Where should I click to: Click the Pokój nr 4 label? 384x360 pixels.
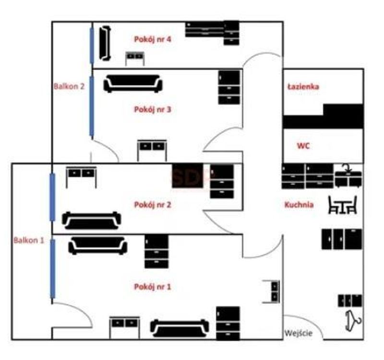pyautogui.click(x=153, y=39)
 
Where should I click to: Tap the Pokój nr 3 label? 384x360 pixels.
pyautogui.click(x=153, y=109)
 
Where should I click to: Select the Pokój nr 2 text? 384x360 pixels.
pyautogui.click(x=153, y=205)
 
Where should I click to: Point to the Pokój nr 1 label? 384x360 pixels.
pyautogui.click(x=153, y=287)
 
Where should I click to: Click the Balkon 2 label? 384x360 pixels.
pyautogui.click(x=69, y=86)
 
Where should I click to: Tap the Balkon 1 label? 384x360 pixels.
pyautogui.click(x=29, y=240)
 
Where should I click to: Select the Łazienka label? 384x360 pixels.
pyautogui.click(x=303, y=87)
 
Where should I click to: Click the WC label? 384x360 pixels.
pyautogui.click(x=303, y=146)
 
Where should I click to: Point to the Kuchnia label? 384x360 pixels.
pyautogui.click(x=299, y=205)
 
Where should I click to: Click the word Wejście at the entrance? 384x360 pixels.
pyautogui.click(x=299, y=333)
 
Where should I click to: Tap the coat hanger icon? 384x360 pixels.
pyautogui.click(x=353, y=321)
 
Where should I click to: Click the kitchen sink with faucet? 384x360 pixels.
pyautogui.click(x=348, y=176)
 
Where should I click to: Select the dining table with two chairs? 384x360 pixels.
pyautogui.click(x=343, y=205)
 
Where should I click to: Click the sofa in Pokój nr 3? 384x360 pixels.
pyautogui.click(x=133, y=84)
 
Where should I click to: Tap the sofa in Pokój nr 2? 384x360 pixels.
pyautogui.click(x=92, y=221)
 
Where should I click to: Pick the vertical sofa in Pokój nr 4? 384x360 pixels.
pyautogui.click(x=105, y=43)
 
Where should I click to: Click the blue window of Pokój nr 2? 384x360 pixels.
pyautogui.click(x=52, y=197)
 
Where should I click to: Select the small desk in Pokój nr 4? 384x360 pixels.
pyautogui.click(x=135, y=59)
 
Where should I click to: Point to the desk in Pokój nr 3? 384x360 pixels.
pyautogui.click(x=152, y=151)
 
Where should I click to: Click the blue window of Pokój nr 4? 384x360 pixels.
pyautogui.click(x=92, y=46)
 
